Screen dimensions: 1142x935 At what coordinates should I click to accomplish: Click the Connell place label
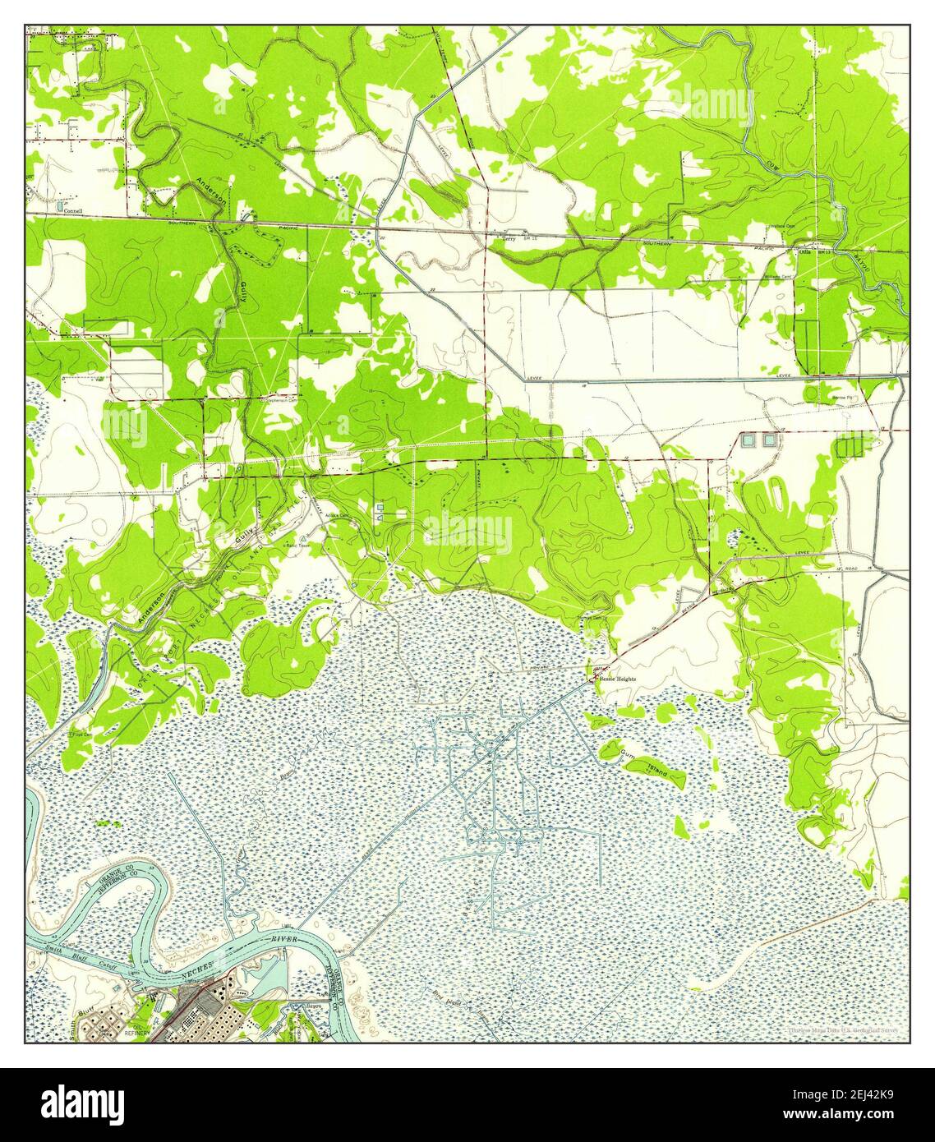[x=74, y=210]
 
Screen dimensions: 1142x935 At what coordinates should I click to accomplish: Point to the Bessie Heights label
[x=617, y=679]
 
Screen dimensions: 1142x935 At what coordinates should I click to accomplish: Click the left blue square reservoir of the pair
[x=748, y=440]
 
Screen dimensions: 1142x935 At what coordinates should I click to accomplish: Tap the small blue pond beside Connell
[x=62, y=202]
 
